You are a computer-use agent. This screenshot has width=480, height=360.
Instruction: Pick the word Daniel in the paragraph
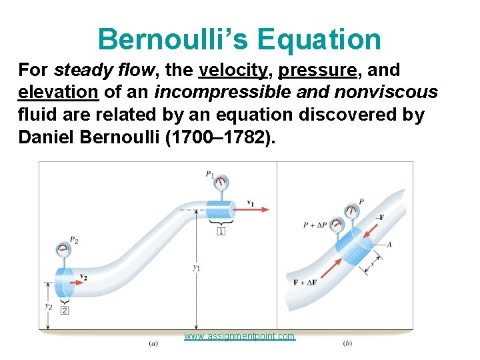pyautogui.click(x=45, y=138)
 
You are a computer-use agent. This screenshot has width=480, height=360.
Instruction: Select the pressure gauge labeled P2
pyautogui.click(x=65, y=251)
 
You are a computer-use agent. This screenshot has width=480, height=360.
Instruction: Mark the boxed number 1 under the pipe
pyautogui.click(x=220, y=231)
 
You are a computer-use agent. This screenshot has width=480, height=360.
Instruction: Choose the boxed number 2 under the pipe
pyautogui.click(x=65, y=310)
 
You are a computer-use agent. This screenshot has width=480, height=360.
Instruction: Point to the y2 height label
pyautogui.click(x=48, y=306)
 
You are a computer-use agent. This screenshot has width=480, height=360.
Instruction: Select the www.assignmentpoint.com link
pyautogui.click(x=239, y=336)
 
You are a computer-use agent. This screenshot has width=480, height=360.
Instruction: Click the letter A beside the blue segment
pyautogui.click(x=389, y=245)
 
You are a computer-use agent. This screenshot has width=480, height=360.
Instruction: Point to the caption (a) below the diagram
pyautogui.click(x=153, y=344)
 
